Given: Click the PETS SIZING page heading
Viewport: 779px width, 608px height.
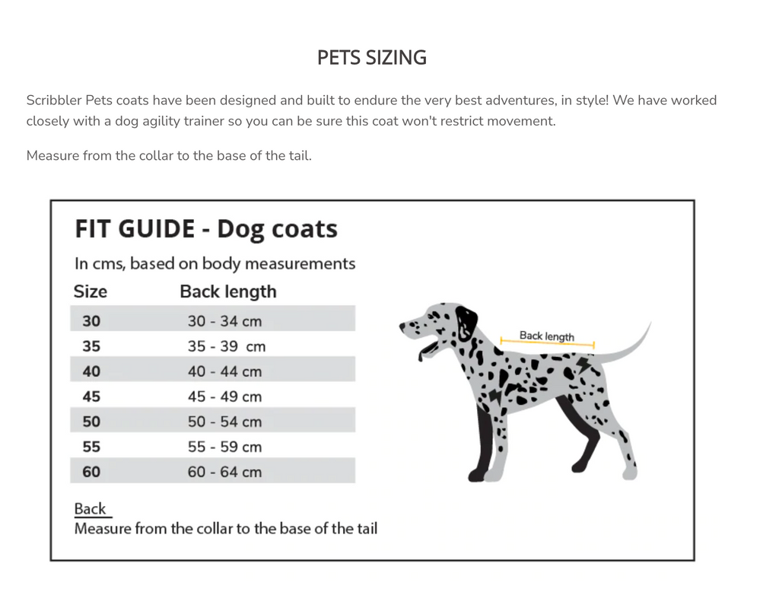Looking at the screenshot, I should [371, 58].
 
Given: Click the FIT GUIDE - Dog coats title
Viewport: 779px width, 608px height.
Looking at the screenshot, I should [205, 228].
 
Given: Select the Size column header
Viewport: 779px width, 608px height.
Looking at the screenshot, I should [90, 291].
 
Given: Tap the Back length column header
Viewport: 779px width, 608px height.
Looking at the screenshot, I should [227, 291].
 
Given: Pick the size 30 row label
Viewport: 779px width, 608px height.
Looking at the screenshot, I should [91, 321].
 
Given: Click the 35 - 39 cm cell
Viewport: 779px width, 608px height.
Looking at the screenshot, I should [226, 346].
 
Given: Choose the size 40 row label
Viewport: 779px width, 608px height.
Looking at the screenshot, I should [91, 371].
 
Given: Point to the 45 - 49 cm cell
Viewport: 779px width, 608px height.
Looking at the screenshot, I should [224, 396].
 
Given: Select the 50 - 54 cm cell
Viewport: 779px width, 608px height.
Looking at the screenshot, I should [224, 422].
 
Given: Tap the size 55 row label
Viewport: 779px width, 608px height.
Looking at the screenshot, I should [91, 447].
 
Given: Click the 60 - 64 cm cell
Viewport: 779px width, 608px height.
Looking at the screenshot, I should [224, 472].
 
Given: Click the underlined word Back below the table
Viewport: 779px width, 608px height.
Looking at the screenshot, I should [90, 509].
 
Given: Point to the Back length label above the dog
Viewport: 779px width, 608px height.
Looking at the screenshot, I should [546, 336].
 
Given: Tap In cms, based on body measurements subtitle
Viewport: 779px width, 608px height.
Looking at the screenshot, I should [215, 264].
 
